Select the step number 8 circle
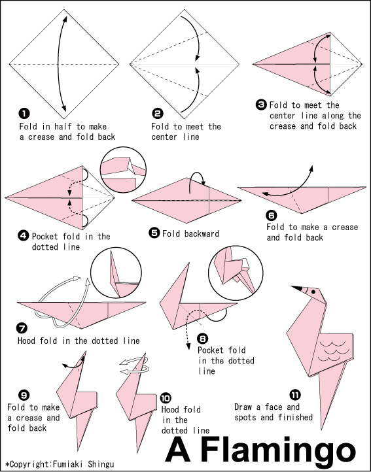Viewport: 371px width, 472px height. click(203, 338)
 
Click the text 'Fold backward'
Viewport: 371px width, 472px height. click(190, 233)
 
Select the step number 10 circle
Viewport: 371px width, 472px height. click(166, 397)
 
